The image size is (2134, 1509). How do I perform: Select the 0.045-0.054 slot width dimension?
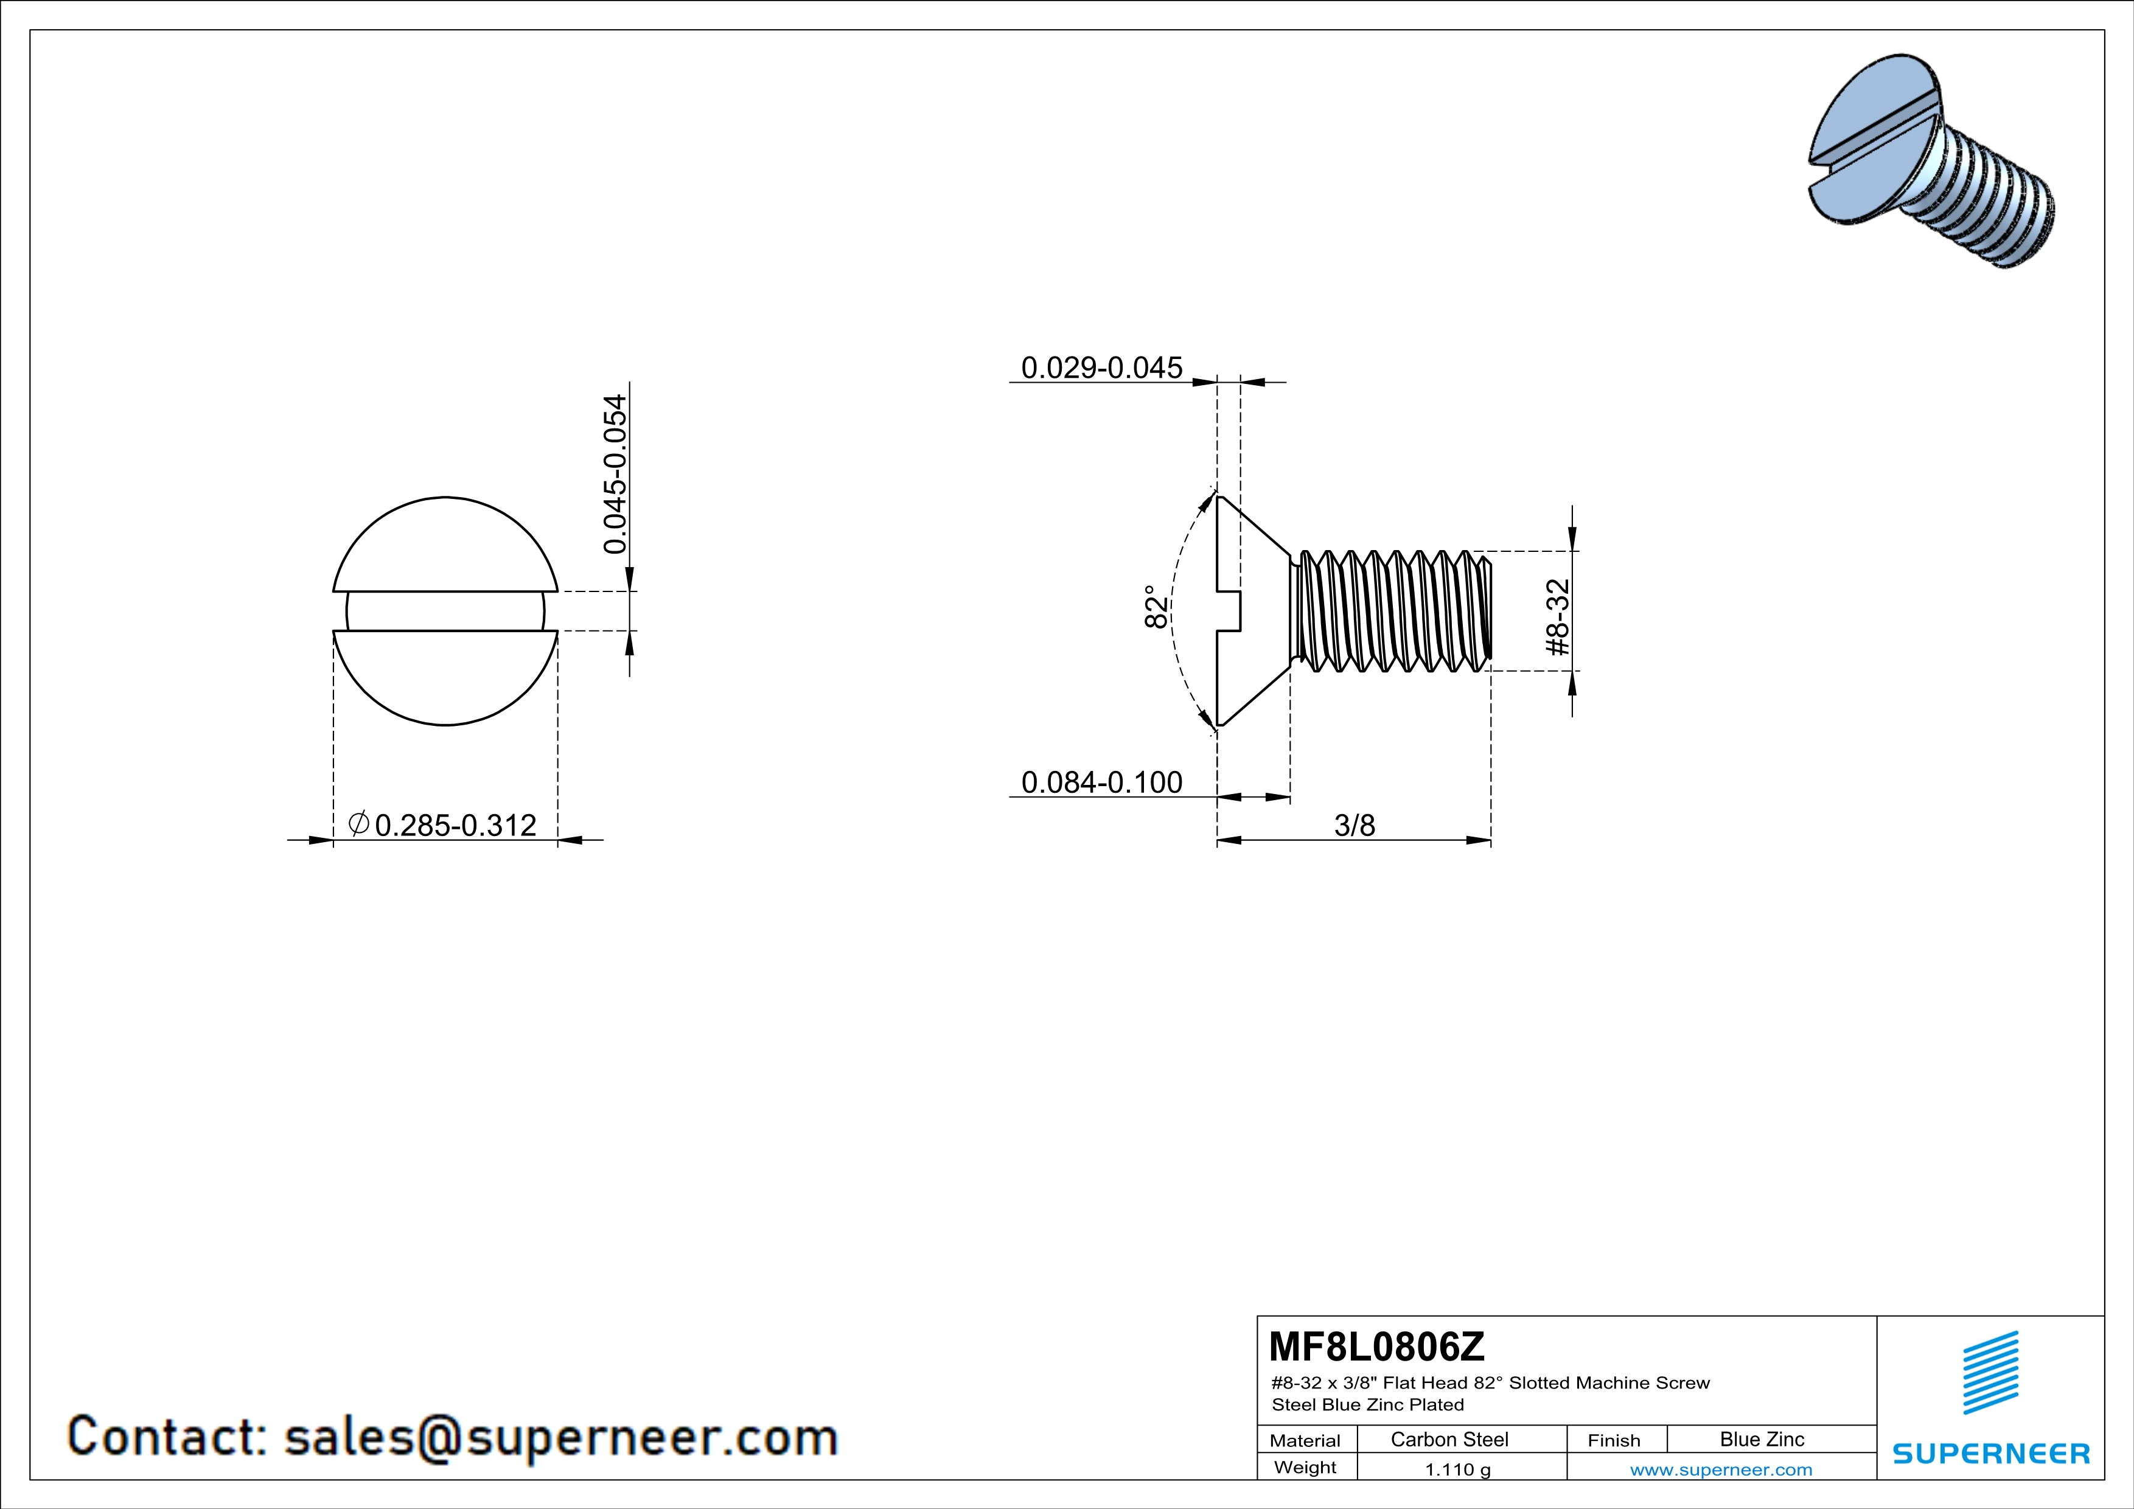(615, 474)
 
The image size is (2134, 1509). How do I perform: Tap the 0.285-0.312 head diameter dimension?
(455, 825)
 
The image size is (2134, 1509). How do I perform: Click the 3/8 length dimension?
(1354, 825)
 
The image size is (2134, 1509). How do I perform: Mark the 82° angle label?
(1156, 606)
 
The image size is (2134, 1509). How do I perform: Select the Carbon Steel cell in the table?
(1449, 1439)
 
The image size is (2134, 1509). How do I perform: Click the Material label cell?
(1305, 1440)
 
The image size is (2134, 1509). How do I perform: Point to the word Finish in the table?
(1614, 1440)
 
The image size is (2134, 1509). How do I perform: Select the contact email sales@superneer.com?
(560, 1437)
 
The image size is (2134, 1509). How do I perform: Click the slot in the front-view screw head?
(445, 612)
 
